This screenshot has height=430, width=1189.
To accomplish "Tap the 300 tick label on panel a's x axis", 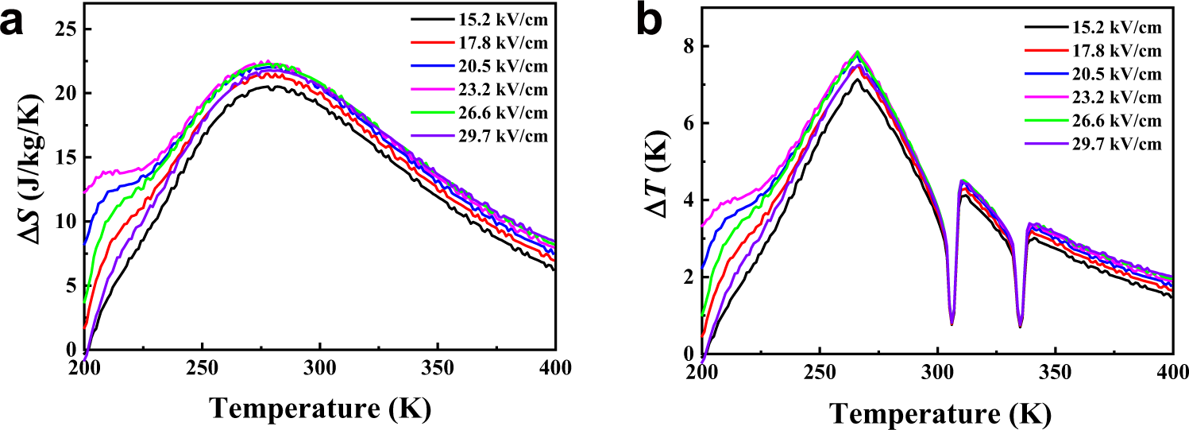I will [x=319, y=370].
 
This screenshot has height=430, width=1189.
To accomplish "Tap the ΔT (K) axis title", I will [x=655, y=181].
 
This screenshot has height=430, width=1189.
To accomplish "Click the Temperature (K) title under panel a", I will [x=319, y=408].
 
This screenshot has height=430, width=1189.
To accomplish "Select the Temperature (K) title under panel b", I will [x=936, y=411].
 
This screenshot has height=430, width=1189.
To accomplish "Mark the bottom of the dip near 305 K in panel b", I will [x=952, y=323].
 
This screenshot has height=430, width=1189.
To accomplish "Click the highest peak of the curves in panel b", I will [x=857, y=52].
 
